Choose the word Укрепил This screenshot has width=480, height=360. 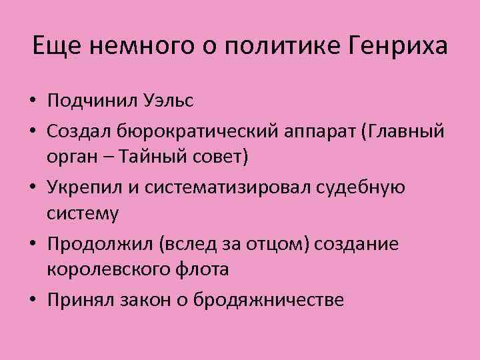(84, 187)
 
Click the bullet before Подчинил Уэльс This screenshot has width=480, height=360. (32, 102)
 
